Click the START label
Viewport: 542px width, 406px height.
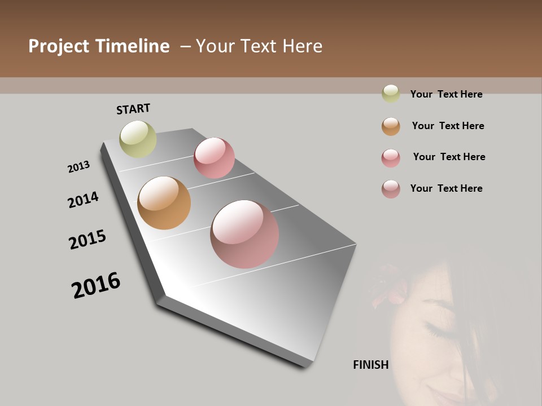coord(133,109)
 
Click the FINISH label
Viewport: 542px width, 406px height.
coord(371,365)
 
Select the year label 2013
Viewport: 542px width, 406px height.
coord(78,167)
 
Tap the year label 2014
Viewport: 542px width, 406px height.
coord(83,200)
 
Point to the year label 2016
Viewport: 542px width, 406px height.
coord(96,285)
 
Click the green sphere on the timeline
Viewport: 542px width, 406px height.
coord(138,139)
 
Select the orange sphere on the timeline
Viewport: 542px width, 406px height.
coord(164,203)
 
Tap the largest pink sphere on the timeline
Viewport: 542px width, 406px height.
coord(244,233)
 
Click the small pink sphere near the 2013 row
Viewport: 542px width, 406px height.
coord(214,158)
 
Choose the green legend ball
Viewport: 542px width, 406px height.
coord(391,94)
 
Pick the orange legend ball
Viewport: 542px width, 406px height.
coord(391,126)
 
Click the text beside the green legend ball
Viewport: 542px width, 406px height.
coord(446,94)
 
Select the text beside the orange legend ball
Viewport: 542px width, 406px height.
coord(448,126)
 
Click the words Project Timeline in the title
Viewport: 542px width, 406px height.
coord(99,46)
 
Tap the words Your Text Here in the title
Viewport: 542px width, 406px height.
coord(259,46)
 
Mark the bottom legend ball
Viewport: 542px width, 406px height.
coord(391,189)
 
